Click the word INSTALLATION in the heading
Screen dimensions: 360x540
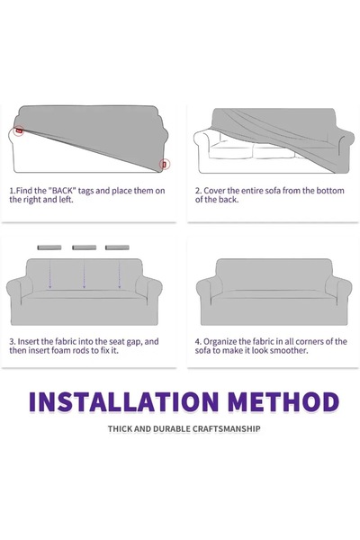pos(123,402)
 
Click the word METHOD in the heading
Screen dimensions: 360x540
pos(283,402)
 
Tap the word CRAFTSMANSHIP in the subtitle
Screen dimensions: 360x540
pos(226,429)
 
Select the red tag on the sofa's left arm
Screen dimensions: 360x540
pos(19,130)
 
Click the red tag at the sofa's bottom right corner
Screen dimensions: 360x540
pos(165,165)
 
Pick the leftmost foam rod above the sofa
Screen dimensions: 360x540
pos(49,247)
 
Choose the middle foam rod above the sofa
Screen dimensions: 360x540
pos(84,247)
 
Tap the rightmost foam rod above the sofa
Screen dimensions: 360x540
pos(117,247)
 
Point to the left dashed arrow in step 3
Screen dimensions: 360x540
pos(50,274)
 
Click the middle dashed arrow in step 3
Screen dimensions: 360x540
pos(84,274)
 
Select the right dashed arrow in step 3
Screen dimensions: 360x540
pos(119,274)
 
